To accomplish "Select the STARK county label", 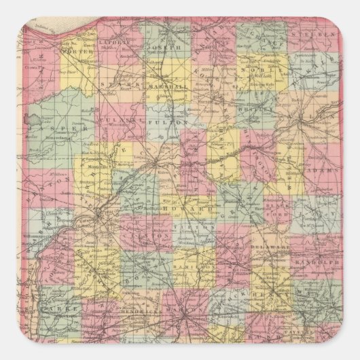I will (117, 86).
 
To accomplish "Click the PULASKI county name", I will (125, 122).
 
